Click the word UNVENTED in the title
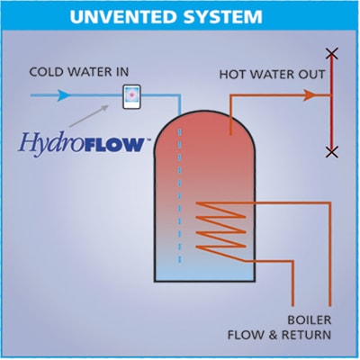(x=122, y=17)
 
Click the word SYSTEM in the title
(x=222, y=17)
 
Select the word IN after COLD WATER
(x=122, y=72)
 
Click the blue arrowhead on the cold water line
(x=63, y=95)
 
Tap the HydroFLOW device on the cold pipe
(x=131, y=96)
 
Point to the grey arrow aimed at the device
(x=89, y=116)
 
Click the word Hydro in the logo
(x=49, y=143)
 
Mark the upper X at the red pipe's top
(x=331, y=53)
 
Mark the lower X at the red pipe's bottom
(x=331, y=152)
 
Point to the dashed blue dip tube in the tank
(x=180, y=196)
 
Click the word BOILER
(x=310, y=320)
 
